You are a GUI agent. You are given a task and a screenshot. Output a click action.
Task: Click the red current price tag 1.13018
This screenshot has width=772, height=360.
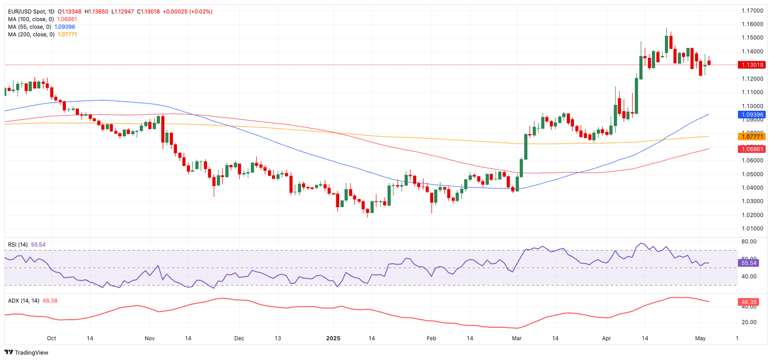pyautogui.click(x=751, y=65)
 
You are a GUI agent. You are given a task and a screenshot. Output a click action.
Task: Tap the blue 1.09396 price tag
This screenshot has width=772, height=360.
pyautogui.click(x=751, y=115)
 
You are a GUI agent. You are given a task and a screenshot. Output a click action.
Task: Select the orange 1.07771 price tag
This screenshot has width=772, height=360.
pyautogui.click(x=751, y=136)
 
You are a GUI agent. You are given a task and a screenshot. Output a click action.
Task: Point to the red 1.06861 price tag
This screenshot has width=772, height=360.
pyautogui.click(x=751, y=149)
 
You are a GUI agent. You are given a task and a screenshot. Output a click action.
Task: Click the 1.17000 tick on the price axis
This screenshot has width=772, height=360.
pyautogui.click(x=753, y=11)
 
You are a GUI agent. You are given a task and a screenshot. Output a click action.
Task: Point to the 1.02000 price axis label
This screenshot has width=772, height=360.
pyautogui.click(x=753, y=215)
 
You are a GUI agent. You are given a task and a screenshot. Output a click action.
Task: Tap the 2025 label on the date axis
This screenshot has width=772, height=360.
pyautogui.click(x=333, y=338)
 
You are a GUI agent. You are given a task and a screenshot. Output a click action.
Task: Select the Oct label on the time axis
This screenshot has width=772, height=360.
pyautogui.click(x=51, y=338)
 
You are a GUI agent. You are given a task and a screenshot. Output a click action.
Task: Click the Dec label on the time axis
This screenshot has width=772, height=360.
pyautogui.click(x=239, y=338)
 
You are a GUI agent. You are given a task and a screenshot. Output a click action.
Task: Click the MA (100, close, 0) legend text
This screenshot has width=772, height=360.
pyautogui.click(x=31, y=19)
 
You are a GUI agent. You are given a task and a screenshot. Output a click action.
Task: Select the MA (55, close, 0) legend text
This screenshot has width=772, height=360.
pyautogui.click(x=29, y=27)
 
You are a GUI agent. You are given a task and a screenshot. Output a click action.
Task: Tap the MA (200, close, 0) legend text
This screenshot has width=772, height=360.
pyautogui.click(x=31, y=34)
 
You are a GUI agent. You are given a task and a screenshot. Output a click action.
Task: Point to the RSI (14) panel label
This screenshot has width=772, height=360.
pyautogui.click(x=18, y=245)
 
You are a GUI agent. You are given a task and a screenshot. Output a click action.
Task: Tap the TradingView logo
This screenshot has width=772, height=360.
pyautogui.click(x=28, y=352)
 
